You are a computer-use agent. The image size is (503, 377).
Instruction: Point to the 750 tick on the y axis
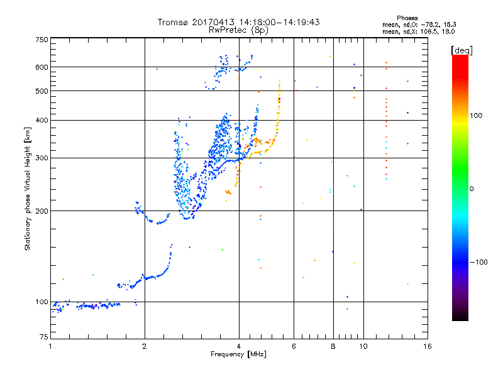pyautogui.click(x=41, y=40)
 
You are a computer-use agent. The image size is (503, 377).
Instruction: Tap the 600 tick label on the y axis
pyautogui.click(x=41, y=67)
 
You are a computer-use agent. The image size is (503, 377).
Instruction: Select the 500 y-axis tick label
pyautogui.click(x=41, y=91)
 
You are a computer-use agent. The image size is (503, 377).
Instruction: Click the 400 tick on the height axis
pyautogui.click(x=41, y=121)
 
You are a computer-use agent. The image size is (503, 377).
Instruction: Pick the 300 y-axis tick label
pyautogui.click(x=41, y=158)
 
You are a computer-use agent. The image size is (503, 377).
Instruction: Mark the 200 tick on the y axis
pyautogui.click(x=41, y=211)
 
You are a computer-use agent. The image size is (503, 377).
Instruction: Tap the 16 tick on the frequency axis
pyautogui.click(x=427, y=346)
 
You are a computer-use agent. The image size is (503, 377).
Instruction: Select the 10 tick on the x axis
pyautogui.click(x=363, y=346)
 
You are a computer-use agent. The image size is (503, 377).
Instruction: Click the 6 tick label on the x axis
pyautogui.click(x=294, y=346)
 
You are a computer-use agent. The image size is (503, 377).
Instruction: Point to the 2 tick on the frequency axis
pyautogui.click(x=145, y=346)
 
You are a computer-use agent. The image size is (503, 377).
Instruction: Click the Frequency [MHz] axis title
pyautogui.click(x=238, y=355)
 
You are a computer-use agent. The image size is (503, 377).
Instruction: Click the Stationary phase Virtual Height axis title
pyautogui.click(x=28, y=188)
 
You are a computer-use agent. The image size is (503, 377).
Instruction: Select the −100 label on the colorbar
pyautogui.click(x=480, y=262)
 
